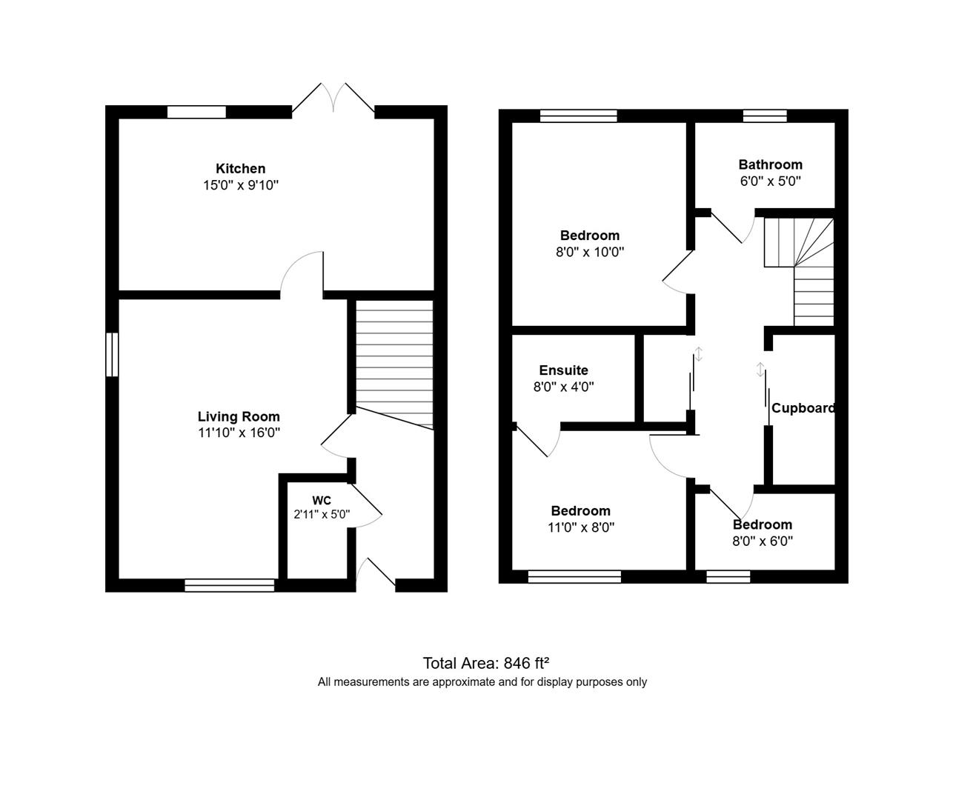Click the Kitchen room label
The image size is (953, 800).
tap(240, 169)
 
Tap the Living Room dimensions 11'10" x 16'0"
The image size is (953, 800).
tap(239, 433)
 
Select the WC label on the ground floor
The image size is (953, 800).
tap(321, 500)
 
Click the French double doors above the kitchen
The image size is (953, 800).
tap(333, 100)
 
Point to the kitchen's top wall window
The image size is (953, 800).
tap(196, 112)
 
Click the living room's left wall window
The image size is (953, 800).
tap(112, 355)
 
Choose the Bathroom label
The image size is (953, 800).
tap(770, 164)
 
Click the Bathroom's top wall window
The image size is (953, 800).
tap(765, 116)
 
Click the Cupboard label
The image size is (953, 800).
tap(803, 408)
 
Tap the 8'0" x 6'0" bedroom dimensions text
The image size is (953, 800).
tap(763, 541)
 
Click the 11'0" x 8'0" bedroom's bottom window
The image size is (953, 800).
tap(574, 577)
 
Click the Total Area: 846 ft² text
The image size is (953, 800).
tap(485, 663)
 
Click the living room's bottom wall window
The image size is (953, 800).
tap(230, 585)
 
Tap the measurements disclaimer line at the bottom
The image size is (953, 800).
tap(482, 682)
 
